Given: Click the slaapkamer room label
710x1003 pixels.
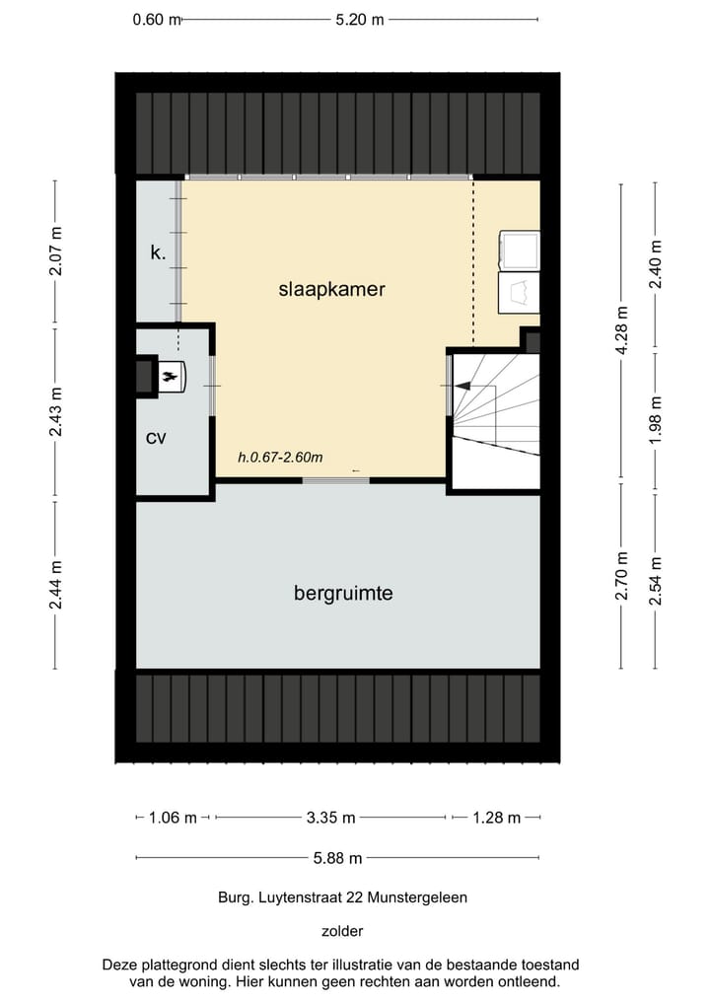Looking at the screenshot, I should [x=331, y=289].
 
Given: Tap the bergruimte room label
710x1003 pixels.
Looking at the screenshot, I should [x=343, y=593].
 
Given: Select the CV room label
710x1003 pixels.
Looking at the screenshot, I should [x=156, y=437].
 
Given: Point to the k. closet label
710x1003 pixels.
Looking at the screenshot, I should [x=158, y=252].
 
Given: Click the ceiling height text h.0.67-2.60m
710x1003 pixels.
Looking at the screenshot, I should [x=281, y=457].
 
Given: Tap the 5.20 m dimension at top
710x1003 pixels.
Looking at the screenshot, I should [x=359, y=19].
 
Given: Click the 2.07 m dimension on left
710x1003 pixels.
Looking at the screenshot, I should [x=55, y=252].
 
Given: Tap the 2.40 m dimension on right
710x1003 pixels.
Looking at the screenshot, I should [x=656, y=263].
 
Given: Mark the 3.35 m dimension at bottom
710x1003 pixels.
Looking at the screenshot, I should [x=330, y=818].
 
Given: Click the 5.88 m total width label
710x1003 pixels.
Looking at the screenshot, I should [x=337, y=857].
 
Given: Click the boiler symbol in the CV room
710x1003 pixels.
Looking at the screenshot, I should [x=169, y=375].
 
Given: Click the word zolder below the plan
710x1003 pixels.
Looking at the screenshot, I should [x=342, y=930].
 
